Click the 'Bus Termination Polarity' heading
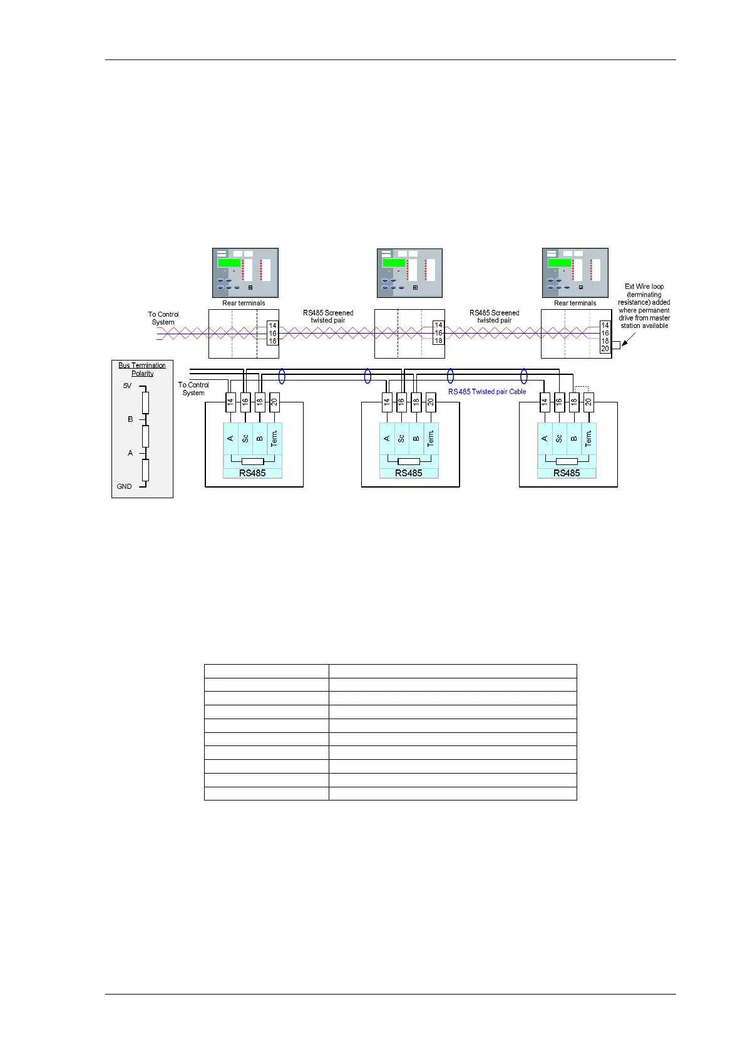coord(142,369)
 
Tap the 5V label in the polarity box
coord(127,386)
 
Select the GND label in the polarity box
coord(124,486)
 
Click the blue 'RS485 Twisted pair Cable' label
coord(487,392)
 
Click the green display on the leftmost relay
coord(229,263)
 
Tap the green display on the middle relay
coord(394,263)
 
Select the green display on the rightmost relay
coord(559,263)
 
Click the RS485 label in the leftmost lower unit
coord(252,473)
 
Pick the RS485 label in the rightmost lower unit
coord(567,473)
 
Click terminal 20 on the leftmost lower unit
coord(274,402)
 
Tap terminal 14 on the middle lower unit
coord(387,402)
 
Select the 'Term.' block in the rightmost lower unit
coord(588,438)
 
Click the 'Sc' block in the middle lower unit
coord(401,438)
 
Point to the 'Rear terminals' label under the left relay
coord(244,304)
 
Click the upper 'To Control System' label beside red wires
coord(163,319)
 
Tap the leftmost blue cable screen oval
coord(282,376)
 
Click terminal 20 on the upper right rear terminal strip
coord(605,349)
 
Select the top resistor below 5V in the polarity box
coord(145,402)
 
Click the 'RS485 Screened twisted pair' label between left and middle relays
coord(328,317)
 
